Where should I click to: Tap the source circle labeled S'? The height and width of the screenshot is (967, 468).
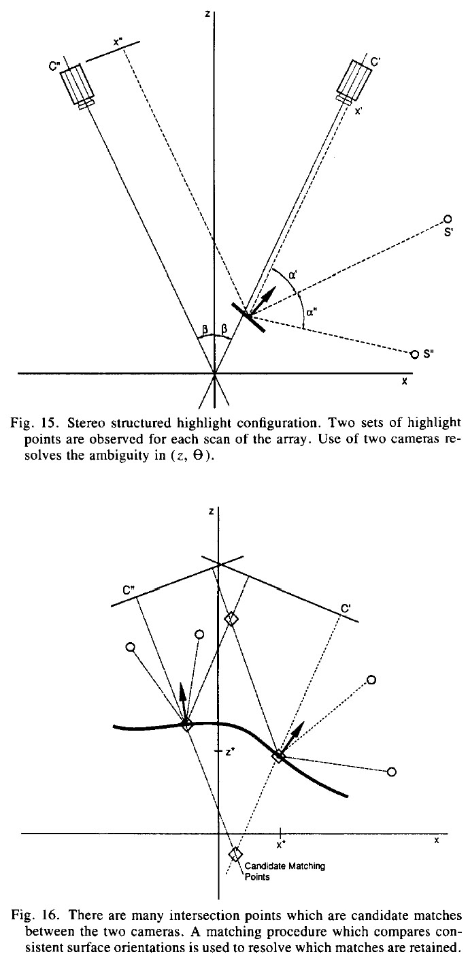pos(448,219)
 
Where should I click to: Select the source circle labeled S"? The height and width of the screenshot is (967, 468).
pos(415,354)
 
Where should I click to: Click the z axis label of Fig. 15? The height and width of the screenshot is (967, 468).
pos(206,14)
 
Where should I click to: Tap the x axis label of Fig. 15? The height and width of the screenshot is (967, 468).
pos(404,382)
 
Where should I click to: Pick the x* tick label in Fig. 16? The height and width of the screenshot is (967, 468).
pos(280,844)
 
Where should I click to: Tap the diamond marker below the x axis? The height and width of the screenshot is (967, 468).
pos(236,854)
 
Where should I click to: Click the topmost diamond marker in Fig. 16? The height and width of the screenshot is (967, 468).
pos(232,618)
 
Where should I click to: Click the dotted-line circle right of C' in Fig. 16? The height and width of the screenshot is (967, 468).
pos(371,680)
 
